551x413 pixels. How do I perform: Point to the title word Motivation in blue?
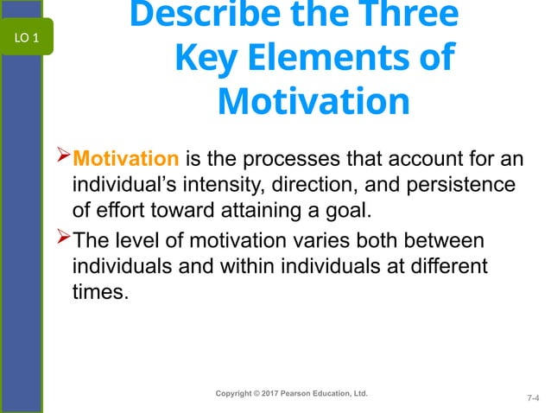pyautogui.click(x=313, y=102)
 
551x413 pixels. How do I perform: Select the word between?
pyautogui.click(x=439, y=238)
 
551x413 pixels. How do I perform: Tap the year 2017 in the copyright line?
pyautogui.click(x=267, y=394)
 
